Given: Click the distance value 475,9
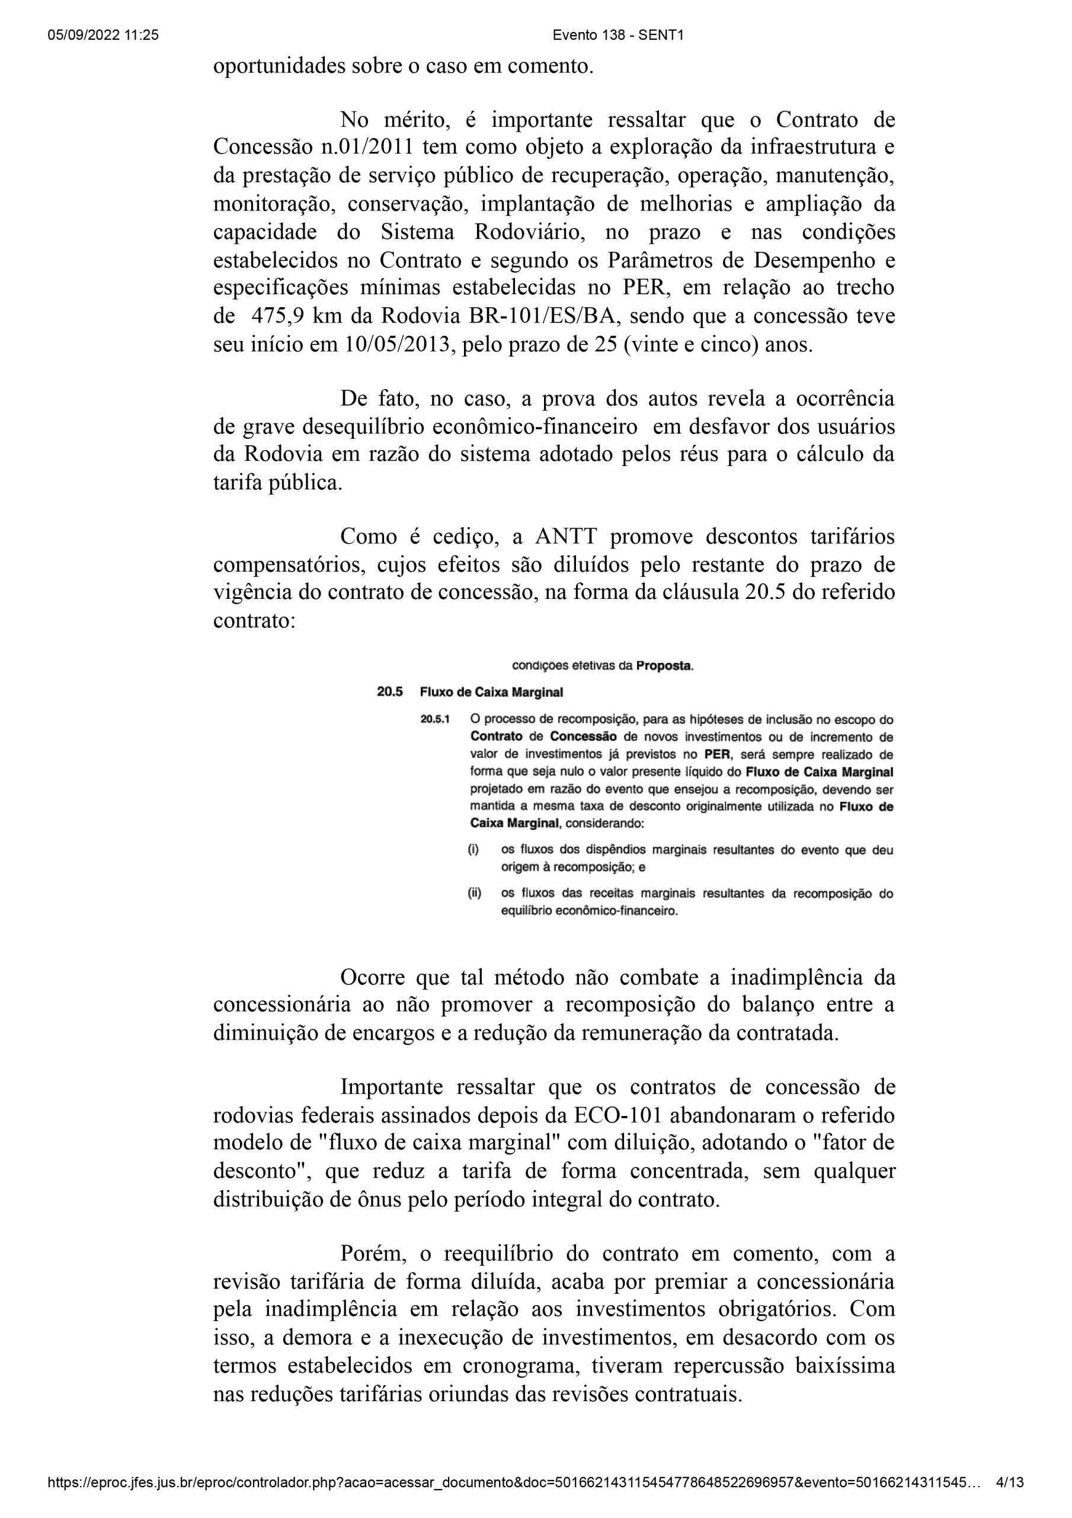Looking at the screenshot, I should tap(277, 316).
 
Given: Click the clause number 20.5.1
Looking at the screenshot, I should tap(435, 719).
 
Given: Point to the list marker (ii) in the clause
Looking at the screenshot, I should tap(475, 893).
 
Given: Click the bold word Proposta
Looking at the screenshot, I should tap(664, 666).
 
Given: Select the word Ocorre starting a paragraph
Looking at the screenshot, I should tap(374, 977).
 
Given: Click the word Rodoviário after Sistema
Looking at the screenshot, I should tap(521, 232).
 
